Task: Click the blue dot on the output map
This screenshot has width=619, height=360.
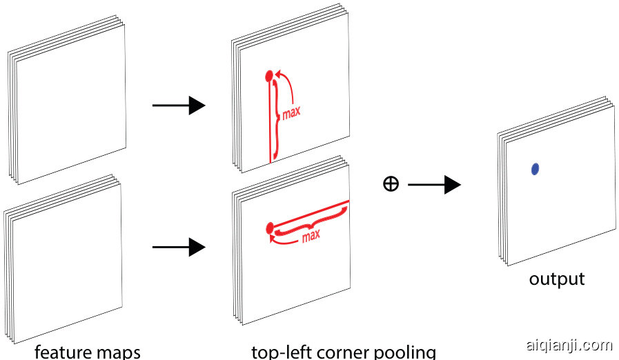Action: coord(535,168)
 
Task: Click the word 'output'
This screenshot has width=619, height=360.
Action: coord(556,279)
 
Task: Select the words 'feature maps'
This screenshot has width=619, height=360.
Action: coord(87,352)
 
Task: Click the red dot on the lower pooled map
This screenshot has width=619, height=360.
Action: coord(270,227)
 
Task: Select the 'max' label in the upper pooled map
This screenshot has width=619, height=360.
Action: coord(291,112)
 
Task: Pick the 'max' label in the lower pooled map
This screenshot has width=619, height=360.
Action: coord(311,236)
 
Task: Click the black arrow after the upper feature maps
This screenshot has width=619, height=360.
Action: coord(179,106)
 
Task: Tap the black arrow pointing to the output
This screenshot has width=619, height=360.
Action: coord(435,184)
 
